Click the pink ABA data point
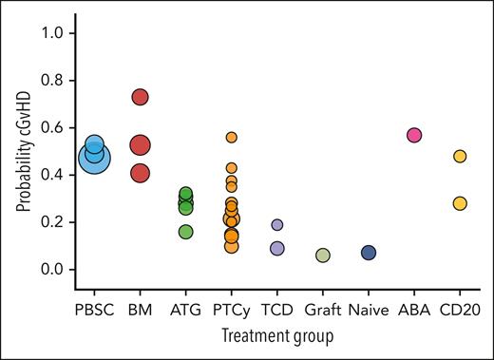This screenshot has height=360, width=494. [x=414, y=135]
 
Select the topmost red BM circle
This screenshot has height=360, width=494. [x=140, y=97]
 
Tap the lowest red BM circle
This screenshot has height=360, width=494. [x=140, y=173]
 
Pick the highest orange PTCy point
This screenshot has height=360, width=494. [x=232, y=137]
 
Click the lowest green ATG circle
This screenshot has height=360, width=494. [x=186, y=232]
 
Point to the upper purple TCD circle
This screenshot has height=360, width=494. [x=277, y=225]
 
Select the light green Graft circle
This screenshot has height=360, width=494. [x=323, y=256]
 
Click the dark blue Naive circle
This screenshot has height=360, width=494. [x=369, y=253]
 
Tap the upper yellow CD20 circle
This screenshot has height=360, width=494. [x=460, y=156]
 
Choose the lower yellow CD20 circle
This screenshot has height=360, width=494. [x=460, y=203]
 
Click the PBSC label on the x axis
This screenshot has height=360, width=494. [x=93, y=309]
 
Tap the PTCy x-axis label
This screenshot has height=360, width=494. [x=232, y=309]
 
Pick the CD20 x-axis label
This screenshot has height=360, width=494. [x=460, y=309]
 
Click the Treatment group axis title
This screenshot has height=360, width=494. [x=276, y=336]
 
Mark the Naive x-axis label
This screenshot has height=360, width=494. [x=369, y=309]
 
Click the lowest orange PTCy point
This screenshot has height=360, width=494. [x=232, y=247]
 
